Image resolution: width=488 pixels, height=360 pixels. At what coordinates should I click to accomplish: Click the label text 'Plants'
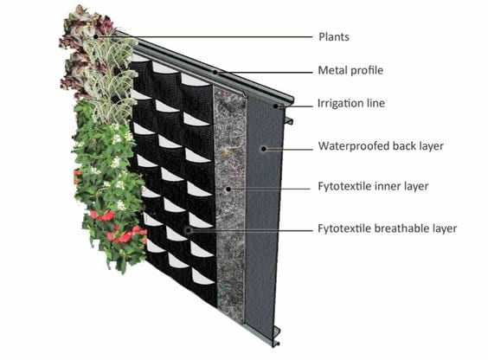[x=334, y=37]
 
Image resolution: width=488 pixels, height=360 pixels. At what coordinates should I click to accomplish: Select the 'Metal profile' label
[x=350, y=70]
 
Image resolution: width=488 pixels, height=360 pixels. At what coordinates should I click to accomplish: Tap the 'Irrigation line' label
[x=351, y=103]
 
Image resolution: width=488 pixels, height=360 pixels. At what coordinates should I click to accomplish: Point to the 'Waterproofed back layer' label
[x=381, y=146]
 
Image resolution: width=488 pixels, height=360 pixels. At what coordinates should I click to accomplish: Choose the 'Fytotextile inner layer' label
[x=373, y=186]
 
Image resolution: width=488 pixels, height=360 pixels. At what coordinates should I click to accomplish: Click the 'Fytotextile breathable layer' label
[x=387, y=228]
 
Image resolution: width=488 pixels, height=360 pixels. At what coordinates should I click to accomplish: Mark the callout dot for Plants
[x=96, y=36]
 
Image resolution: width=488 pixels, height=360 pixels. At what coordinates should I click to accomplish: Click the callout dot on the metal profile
[x=215, y=72]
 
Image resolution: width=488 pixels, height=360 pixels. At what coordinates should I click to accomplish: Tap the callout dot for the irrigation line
[x=275, y=106]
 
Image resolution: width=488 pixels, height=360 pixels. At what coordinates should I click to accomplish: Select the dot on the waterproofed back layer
[x=264, y=149]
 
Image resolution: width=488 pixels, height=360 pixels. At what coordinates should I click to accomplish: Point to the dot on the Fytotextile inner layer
[x=228, y=189]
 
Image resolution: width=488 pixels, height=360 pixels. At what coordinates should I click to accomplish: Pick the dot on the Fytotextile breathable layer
[x=189, y=230]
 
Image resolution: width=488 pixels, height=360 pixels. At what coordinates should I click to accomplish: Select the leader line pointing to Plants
[x=204, y=36]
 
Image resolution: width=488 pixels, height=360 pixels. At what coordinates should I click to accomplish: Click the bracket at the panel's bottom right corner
[x=276, y=336]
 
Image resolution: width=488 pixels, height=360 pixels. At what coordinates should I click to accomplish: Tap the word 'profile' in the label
[x=367, y=70]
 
